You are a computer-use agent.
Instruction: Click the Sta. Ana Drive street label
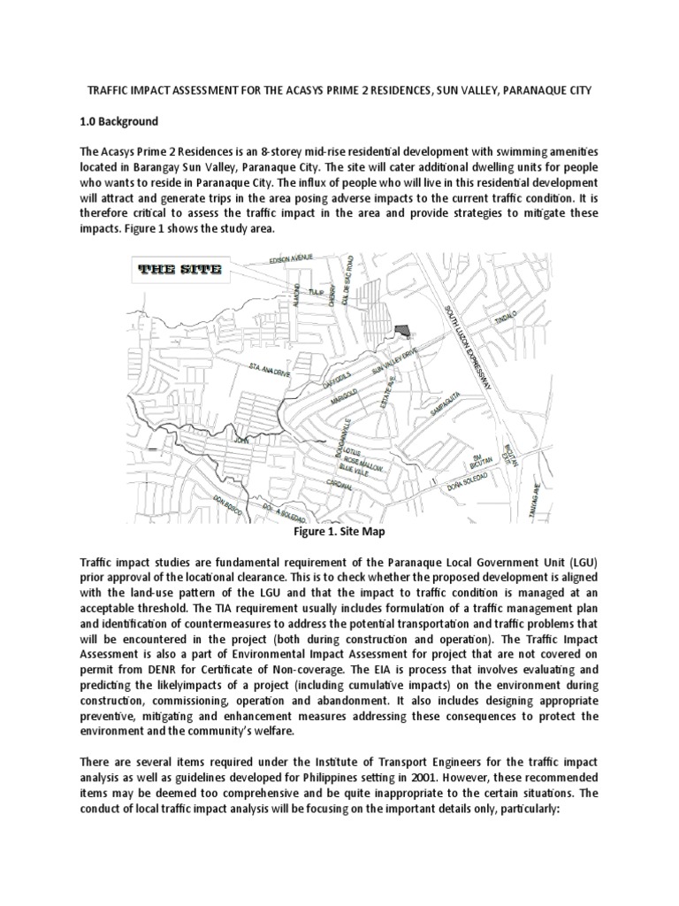point(270,363)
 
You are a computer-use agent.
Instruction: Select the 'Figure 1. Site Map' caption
point(339,533)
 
